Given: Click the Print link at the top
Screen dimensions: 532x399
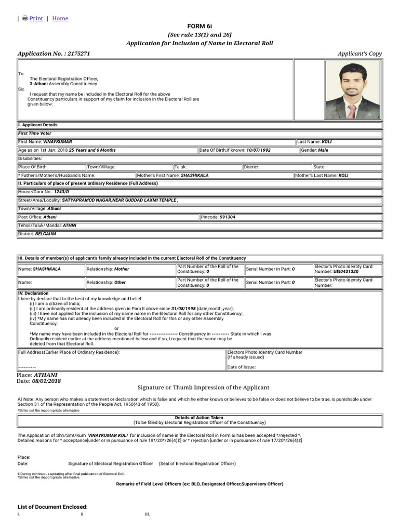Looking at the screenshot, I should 36,19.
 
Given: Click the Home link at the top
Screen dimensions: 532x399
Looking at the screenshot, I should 60,19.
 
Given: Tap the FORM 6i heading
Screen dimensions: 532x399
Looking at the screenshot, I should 199,26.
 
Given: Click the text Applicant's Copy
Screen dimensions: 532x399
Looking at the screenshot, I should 360,54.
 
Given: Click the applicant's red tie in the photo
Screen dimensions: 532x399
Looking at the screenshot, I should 352,111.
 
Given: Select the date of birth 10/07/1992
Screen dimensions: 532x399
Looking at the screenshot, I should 258,150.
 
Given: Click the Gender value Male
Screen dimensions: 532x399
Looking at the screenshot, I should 323,150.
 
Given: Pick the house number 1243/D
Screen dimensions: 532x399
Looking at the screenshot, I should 61,192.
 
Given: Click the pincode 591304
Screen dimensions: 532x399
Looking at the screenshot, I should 227,217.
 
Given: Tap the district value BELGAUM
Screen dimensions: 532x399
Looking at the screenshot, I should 45,234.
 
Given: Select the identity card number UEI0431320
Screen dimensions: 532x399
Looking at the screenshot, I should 345,272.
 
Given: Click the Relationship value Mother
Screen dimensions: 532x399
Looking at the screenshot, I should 122,269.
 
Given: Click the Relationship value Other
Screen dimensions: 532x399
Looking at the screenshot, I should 121,283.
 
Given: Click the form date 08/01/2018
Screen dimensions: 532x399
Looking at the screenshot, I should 46,381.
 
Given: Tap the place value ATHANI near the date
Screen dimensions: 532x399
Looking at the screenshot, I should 46,375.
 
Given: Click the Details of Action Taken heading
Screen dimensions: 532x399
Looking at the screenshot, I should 199,417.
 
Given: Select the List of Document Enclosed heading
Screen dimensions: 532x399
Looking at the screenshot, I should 52,507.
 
